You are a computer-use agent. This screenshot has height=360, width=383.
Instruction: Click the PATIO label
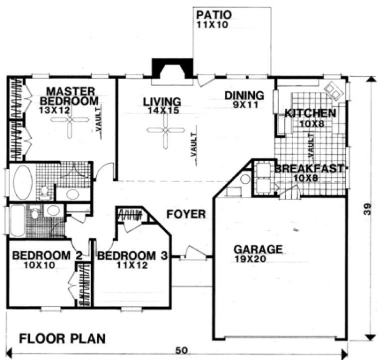tap(213, 14)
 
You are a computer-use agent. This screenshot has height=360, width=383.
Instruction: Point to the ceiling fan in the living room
tap(164, 130)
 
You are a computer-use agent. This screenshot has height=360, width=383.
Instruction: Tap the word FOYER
tap(186, 215)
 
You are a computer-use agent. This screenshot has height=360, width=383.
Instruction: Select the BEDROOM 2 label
tap(47, 256)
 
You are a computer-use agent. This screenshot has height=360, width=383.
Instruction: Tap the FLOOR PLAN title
tap(62, 339)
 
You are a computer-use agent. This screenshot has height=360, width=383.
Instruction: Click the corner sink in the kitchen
tap(333, 90)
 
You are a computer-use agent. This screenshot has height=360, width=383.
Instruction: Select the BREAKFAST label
tap(309, 169)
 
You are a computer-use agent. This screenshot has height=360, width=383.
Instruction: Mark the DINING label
tap(243, 95)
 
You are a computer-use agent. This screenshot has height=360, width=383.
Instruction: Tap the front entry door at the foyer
tap(192, 256)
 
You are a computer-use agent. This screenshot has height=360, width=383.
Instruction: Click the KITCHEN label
tap(310, 113)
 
